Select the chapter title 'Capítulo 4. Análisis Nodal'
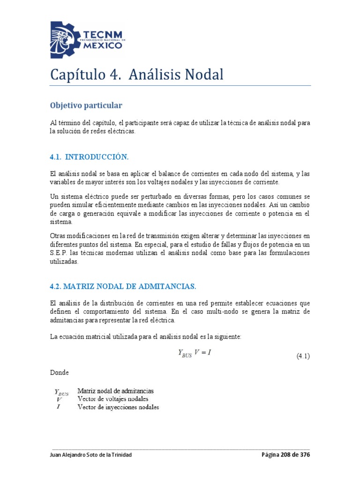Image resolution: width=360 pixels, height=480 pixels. click(137, 75)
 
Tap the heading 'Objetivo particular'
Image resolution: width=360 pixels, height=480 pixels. click(86, 105)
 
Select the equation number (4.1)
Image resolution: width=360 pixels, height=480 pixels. click(302, 356)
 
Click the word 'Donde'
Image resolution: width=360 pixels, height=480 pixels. click(59, 373)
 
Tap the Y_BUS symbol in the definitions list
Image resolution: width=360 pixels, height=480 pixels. click(61, 392)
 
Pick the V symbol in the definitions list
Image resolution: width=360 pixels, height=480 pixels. click(59, 399)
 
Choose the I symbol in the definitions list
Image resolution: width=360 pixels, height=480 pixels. click(58, 407)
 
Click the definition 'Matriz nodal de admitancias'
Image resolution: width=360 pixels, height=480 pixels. click(115, 390)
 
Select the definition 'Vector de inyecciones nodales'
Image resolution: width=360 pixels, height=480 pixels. click(118, 407)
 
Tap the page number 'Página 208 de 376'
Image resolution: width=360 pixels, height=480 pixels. click(285, 455)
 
